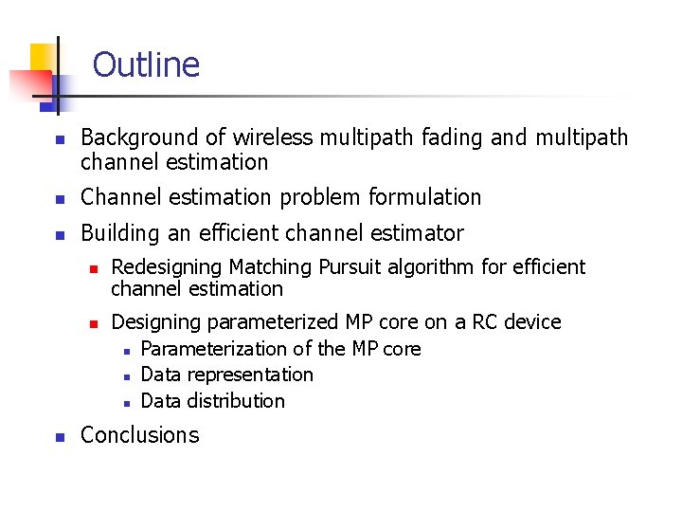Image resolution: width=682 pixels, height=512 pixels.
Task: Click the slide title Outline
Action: coord(146,65)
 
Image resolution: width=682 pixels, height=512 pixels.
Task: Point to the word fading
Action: coord(452,138)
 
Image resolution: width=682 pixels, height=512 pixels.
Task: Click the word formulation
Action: coord(425,197)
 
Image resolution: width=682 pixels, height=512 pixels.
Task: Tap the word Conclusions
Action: coord(140,435)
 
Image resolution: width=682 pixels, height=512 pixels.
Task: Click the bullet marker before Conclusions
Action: coord(59,437)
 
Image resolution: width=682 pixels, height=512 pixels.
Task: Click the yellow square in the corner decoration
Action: coord(42,60)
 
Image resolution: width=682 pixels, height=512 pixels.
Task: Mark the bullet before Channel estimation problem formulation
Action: coord(59,199)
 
